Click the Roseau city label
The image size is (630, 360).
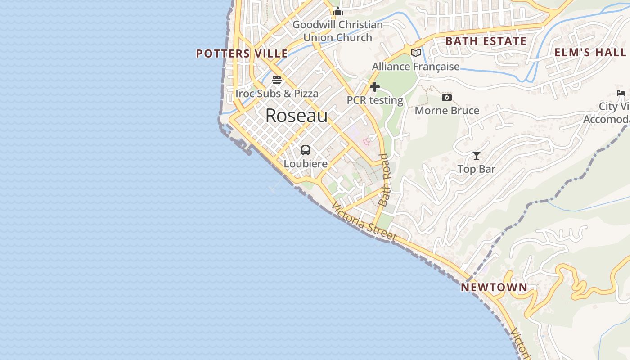click(x=297, y=116)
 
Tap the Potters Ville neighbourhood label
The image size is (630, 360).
click(x=242, y=54)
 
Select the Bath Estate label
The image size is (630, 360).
click(x=486, y=41)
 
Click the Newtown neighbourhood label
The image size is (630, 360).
click(x=494, y=287)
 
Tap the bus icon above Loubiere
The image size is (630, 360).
click(x=306, y=150)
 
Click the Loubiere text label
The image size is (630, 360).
click(x=306, y=164)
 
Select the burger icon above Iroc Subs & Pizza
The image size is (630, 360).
click(x=277, y=80)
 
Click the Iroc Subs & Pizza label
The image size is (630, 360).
click(x=277, y=94)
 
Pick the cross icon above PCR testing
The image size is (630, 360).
click(x=375, y=87)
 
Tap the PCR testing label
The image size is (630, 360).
click(x=375, y=100)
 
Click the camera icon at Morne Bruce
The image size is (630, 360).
click(x=447, y=97)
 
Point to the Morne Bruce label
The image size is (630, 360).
click(x=447, y=111)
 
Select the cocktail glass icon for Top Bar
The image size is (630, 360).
click(x=477, y=156)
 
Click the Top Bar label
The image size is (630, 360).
click(x=476, y=169)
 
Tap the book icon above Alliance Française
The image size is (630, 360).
click(x=416, y=53)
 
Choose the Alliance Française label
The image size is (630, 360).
click(x=416, y=67)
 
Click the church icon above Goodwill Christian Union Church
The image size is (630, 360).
click(x=338, y=11)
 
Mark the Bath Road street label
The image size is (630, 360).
click(x=384, y=180)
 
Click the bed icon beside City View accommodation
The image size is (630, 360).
click(x=621, y=93)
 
